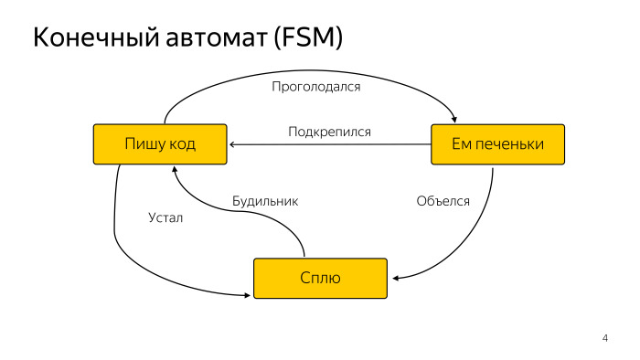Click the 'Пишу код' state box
point(160,144)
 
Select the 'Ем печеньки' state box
point(497,144)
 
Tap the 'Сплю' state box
point(320,278)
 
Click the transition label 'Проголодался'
point(316,88)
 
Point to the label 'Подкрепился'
point(329,132)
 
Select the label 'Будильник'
point(265,200)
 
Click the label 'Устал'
point(165,217)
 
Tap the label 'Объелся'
point(443,200)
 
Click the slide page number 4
point(604,340)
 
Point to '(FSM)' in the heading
point(312,38)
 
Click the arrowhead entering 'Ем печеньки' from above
point(454,117)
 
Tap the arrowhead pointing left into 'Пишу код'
point(233,144)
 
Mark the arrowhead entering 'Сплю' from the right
point(393,278)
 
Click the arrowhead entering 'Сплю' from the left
point(248,294)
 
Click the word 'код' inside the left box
point(181,144)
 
